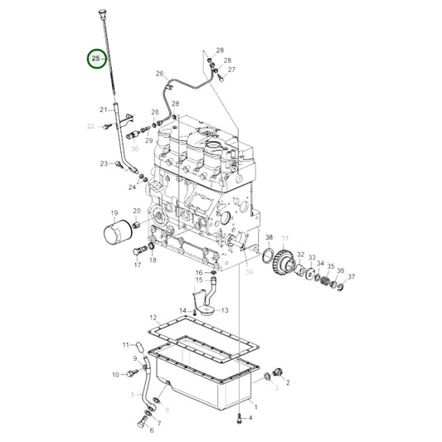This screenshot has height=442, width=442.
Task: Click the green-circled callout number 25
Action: [98, 60]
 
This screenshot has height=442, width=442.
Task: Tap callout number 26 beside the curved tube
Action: [160, 74]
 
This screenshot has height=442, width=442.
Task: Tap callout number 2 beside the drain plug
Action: [288, 383]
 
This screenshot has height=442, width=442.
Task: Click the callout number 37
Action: [351, 277]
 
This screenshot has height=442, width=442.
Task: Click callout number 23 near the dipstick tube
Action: [104, 163]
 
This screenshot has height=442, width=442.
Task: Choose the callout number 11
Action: [127, 344]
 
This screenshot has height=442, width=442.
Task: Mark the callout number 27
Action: [232, 70]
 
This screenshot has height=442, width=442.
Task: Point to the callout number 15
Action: [199, 280]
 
